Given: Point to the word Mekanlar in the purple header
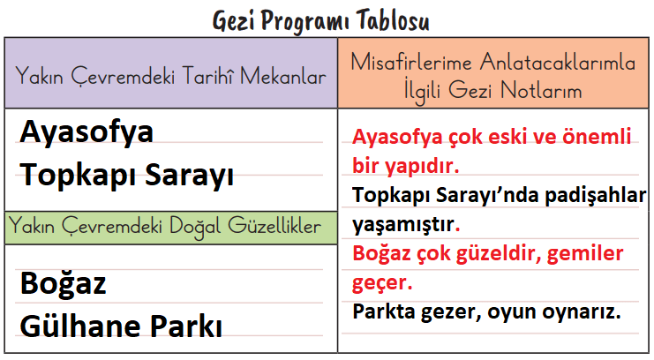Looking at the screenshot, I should (x=283, y=78).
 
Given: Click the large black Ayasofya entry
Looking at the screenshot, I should (x=86, y=132).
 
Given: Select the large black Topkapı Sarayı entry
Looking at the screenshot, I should (x=127, y=175).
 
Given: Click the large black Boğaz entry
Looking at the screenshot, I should (x=64, y=284).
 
